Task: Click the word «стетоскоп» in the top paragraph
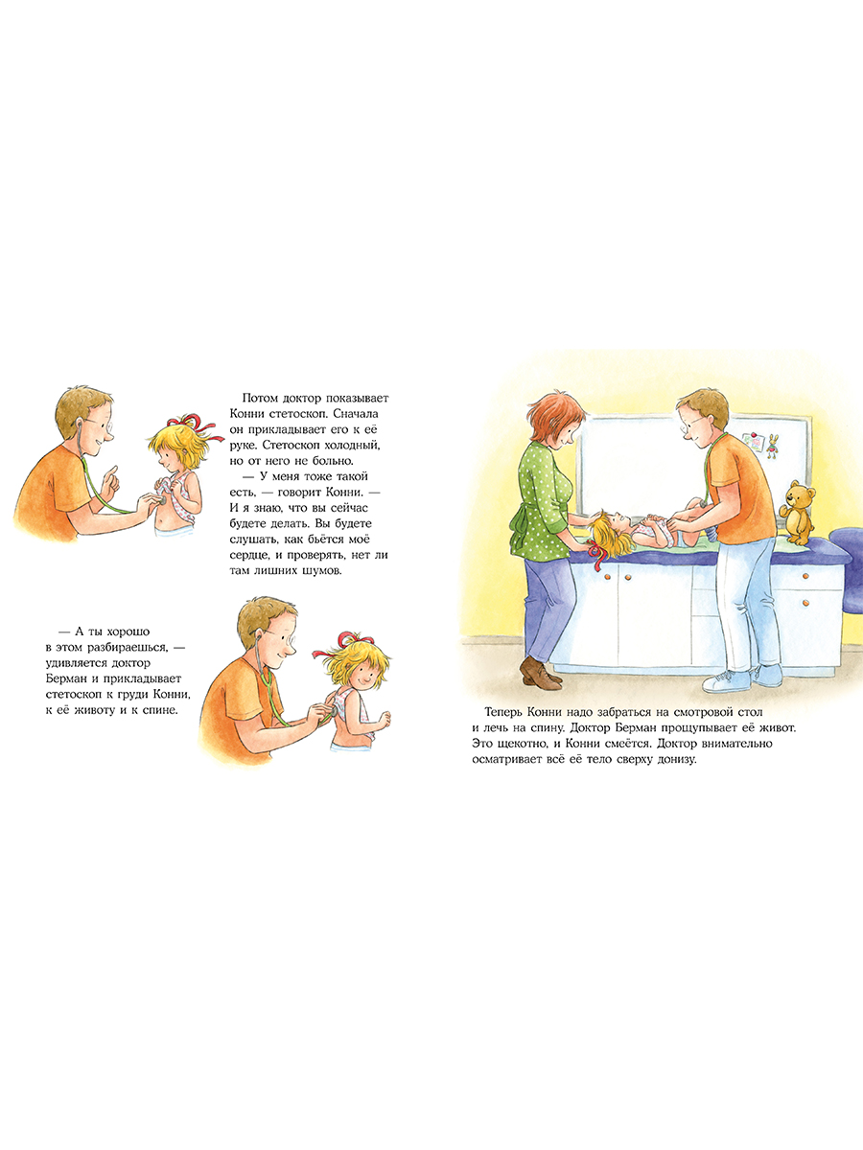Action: pos(293,413)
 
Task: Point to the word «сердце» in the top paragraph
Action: pos(249,555)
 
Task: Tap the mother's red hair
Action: pos(557,418)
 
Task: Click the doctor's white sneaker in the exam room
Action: pos(726,682)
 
